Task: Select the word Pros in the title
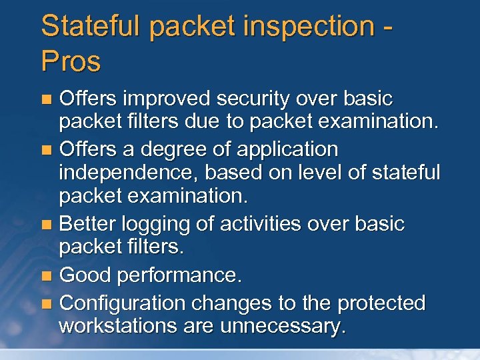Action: tap(71, 61)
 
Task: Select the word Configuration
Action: tap(123, 303)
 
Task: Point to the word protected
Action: tap(381, 303)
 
